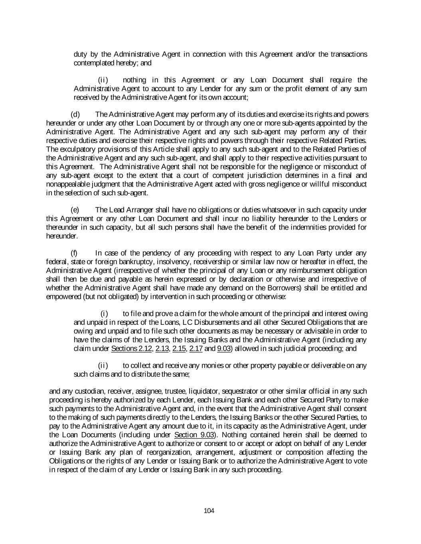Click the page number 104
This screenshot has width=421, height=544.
pyautogui.click(x=209, y=511)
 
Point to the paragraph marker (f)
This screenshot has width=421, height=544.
pyautogui.click(x=74, y=253)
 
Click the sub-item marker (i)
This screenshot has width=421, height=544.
pyautogui.click(x=104, y=314)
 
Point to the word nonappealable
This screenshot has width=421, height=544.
pyautogui.click(x=66, y=184)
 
